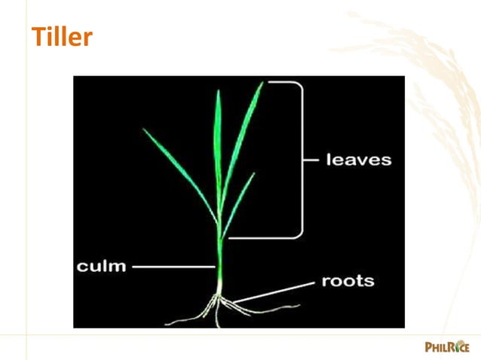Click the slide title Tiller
[62, 37]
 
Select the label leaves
[359, 160]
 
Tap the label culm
[101, 267]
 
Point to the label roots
[348, 282]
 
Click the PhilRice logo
[447, 346]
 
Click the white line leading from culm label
[173, 267]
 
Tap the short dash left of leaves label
[311, 160]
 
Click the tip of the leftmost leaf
[143, 129]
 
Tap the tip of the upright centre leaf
[219, 90]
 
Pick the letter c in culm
[82, 267]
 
